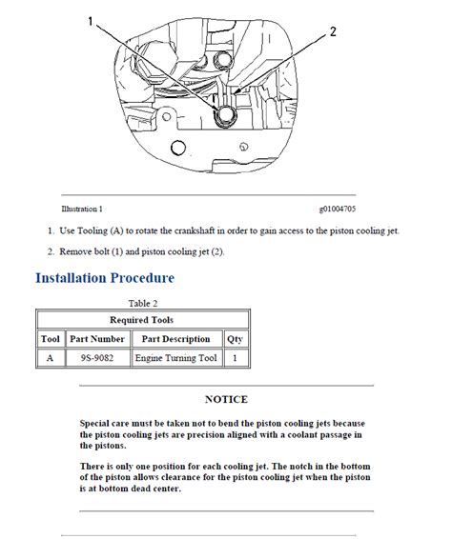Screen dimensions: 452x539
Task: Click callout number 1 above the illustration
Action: (x=91, y=21)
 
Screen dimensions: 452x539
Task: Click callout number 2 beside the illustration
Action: (x=333, y=31)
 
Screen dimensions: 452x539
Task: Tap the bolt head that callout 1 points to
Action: (x=225, y=114)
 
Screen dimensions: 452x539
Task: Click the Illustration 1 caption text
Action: (x=82, y=209)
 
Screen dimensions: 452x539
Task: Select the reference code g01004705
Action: (x=338, y=209)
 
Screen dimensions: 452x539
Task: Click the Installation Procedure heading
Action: (x=105, y=278)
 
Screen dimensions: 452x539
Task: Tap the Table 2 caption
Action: (x=143, y=303)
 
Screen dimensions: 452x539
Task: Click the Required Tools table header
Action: (x=141, y=320)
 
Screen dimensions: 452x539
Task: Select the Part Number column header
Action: (x=97, y=339)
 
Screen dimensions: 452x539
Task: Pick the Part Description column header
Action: (x=175, y=339)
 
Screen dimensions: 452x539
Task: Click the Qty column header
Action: (x=235, y=339)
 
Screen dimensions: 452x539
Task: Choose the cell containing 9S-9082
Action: (x=97, y=358)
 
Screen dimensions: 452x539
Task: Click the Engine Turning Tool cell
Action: (x=175, y=358)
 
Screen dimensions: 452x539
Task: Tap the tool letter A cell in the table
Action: (x=50, y=358)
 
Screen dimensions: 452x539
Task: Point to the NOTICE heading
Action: (x=226, y=399)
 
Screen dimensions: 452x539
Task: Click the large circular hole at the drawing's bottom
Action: (x=178, y=148)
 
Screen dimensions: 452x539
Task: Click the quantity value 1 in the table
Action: (x=235, y=358)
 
